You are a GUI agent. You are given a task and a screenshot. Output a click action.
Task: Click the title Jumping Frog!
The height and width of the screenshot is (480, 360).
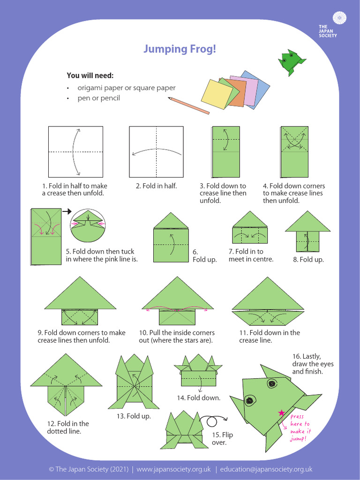pos(180,49)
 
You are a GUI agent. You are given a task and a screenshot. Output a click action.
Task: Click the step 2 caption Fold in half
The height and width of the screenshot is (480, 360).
pos(156,186)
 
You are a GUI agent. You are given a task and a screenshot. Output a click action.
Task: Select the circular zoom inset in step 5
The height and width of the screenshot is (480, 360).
pos(89,225)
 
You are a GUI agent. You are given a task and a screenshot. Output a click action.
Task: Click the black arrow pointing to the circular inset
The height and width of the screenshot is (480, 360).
pos(66,212)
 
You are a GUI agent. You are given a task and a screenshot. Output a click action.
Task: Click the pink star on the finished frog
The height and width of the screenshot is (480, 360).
pos(281,412)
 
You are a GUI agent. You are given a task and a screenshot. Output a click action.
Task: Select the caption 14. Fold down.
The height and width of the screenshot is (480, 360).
pos(198,398)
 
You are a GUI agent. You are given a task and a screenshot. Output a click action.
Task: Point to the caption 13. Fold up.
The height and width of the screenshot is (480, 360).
pos(134,416)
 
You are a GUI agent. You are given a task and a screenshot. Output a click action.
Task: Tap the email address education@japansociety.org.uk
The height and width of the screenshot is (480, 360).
pos(266,469)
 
